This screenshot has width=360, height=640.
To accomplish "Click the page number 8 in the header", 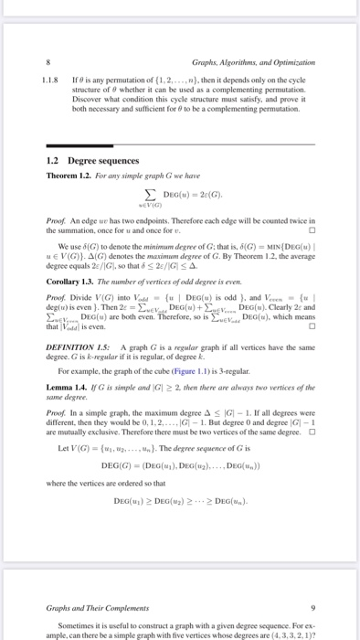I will click(47, 62).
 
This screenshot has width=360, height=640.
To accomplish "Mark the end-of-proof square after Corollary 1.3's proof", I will click(313, 326).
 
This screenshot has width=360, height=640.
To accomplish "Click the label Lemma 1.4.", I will click(67, 392).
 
